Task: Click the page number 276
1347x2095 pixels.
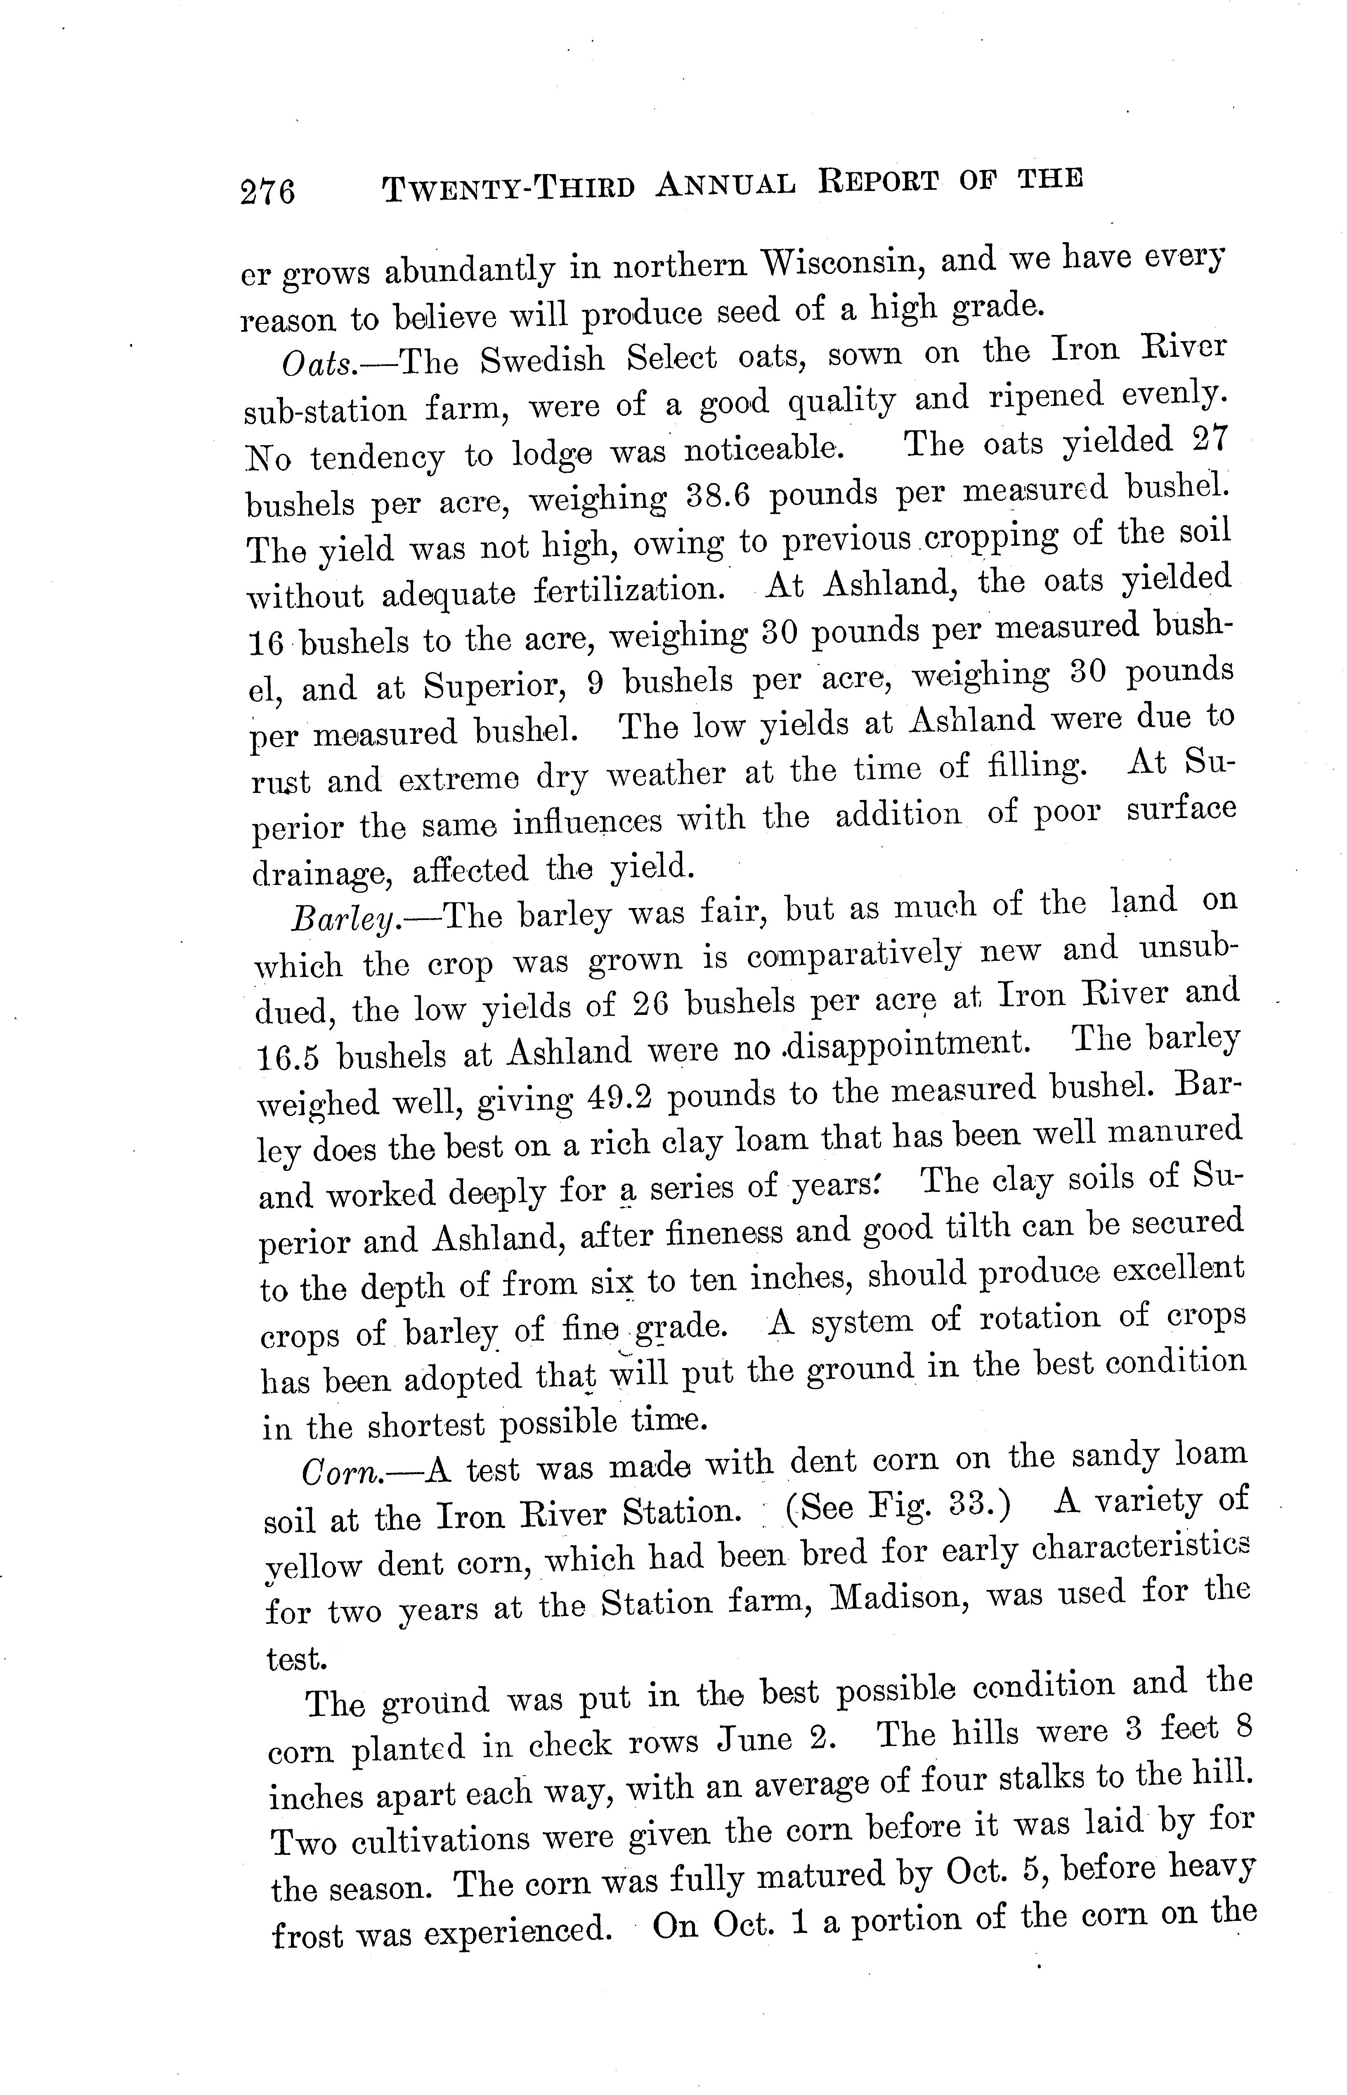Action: (268, 191)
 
